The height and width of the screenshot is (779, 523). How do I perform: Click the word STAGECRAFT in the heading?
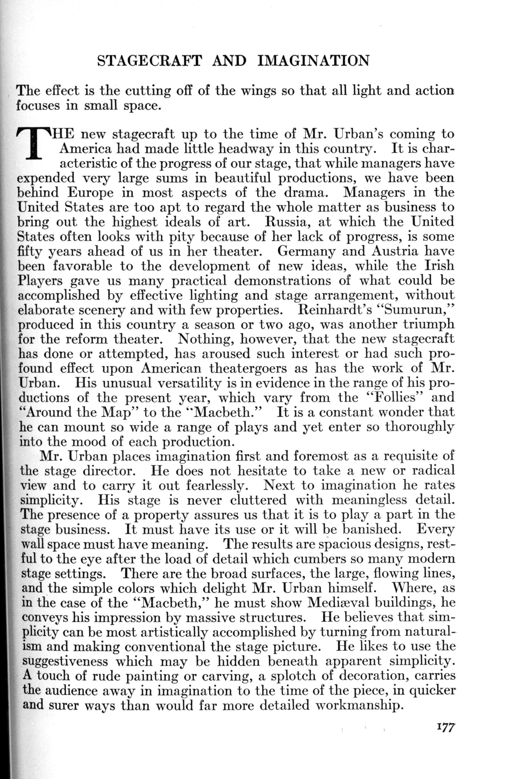149,61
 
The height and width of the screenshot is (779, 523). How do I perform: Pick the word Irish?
439,266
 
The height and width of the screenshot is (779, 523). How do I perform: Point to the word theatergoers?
248,369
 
